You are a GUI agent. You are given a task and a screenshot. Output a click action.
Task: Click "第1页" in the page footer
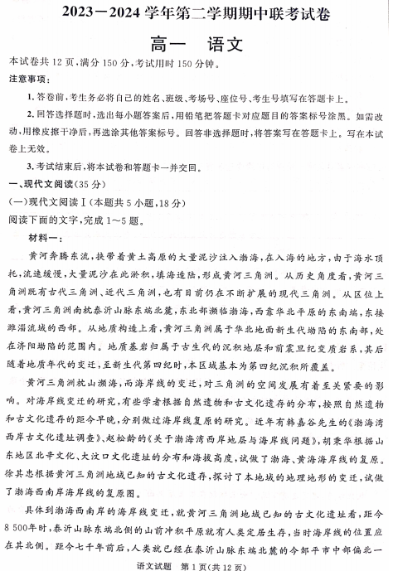196,564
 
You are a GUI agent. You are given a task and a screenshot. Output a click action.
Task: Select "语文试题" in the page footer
158,564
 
